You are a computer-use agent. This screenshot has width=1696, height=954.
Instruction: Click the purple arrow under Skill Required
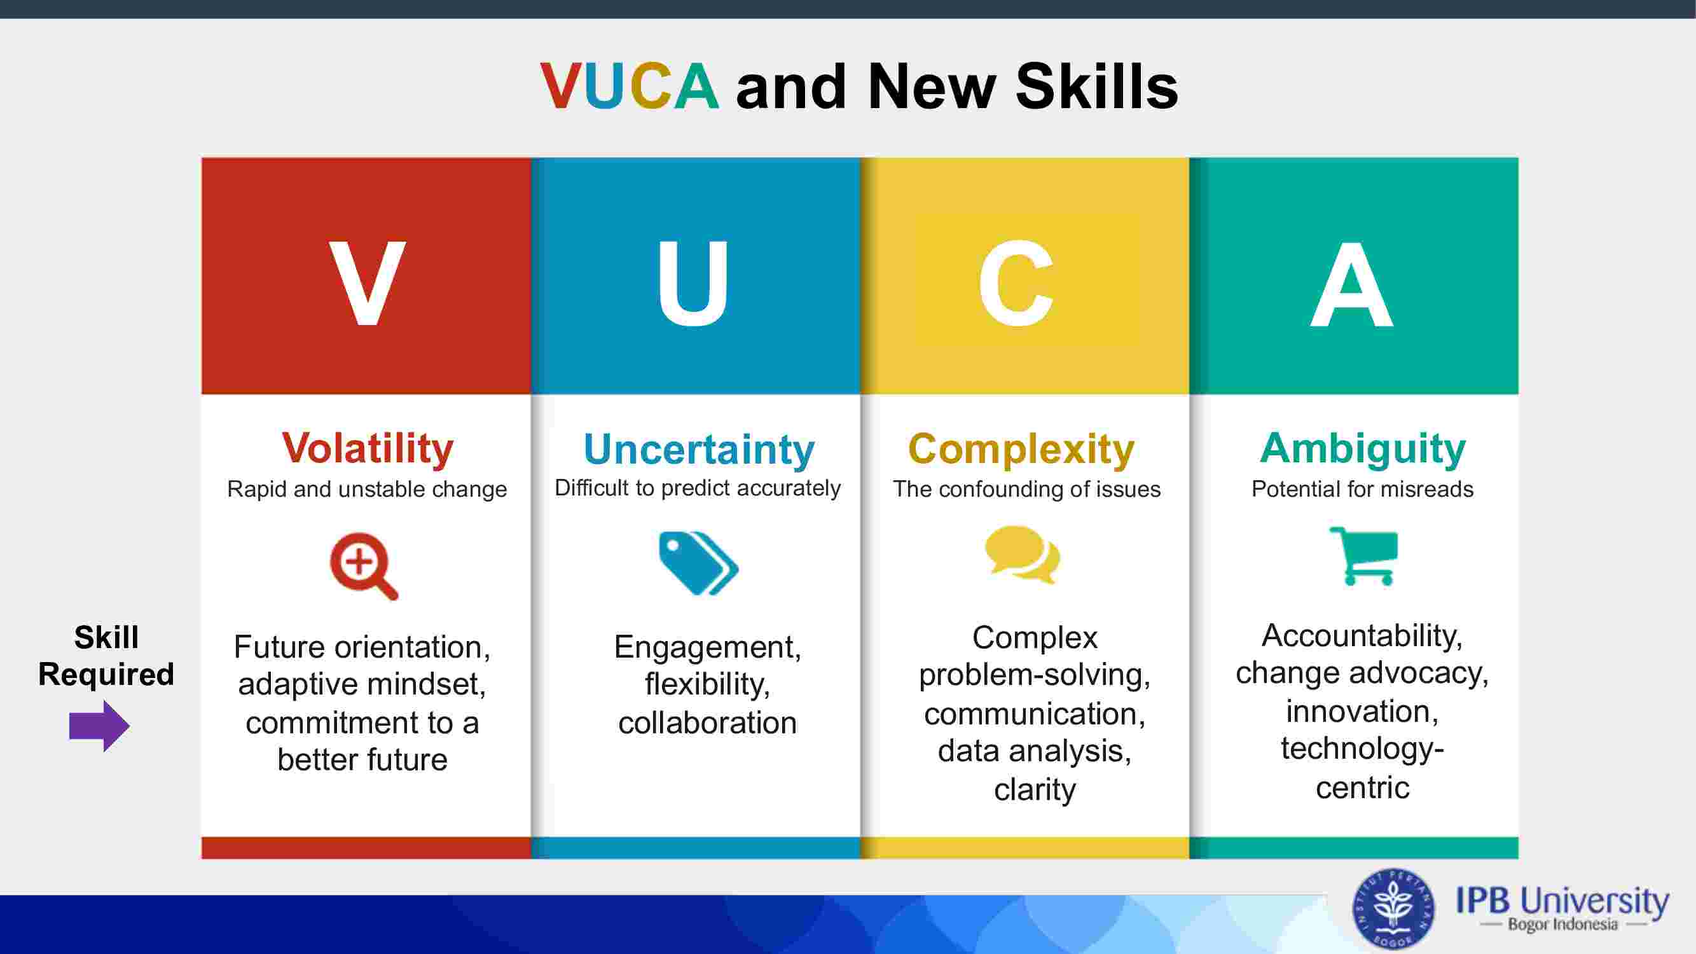point(99,726)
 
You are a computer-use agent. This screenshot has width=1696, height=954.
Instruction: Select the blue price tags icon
point(698,563)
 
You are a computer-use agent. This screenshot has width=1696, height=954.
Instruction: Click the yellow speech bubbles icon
point(1023,555)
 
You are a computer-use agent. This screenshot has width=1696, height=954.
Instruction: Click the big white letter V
point(368,283)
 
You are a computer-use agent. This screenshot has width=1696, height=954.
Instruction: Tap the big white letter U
point(693,283)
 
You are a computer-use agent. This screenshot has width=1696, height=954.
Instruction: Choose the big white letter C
point(1016,283)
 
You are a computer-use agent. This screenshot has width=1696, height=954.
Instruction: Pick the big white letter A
point(1352,283)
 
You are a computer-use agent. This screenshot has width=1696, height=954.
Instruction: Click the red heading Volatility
point(368,448)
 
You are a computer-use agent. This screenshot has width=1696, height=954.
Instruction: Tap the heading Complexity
point(1021,450)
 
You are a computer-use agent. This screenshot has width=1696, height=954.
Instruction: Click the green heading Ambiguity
point(1363,449)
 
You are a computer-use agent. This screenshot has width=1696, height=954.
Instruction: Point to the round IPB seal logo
point(1393,909)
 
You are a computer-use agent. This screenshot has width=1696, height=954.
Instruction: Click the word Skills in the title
point(1097,86)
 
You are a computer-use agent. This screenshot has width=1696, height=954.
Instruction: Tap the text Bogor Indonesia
point(1562,924)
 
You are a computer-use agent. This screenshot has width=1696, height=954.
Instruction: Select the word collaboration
point(708,723)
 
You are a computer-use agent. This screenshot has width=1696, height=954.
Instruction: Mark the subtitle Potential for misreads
point(1362,489)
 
